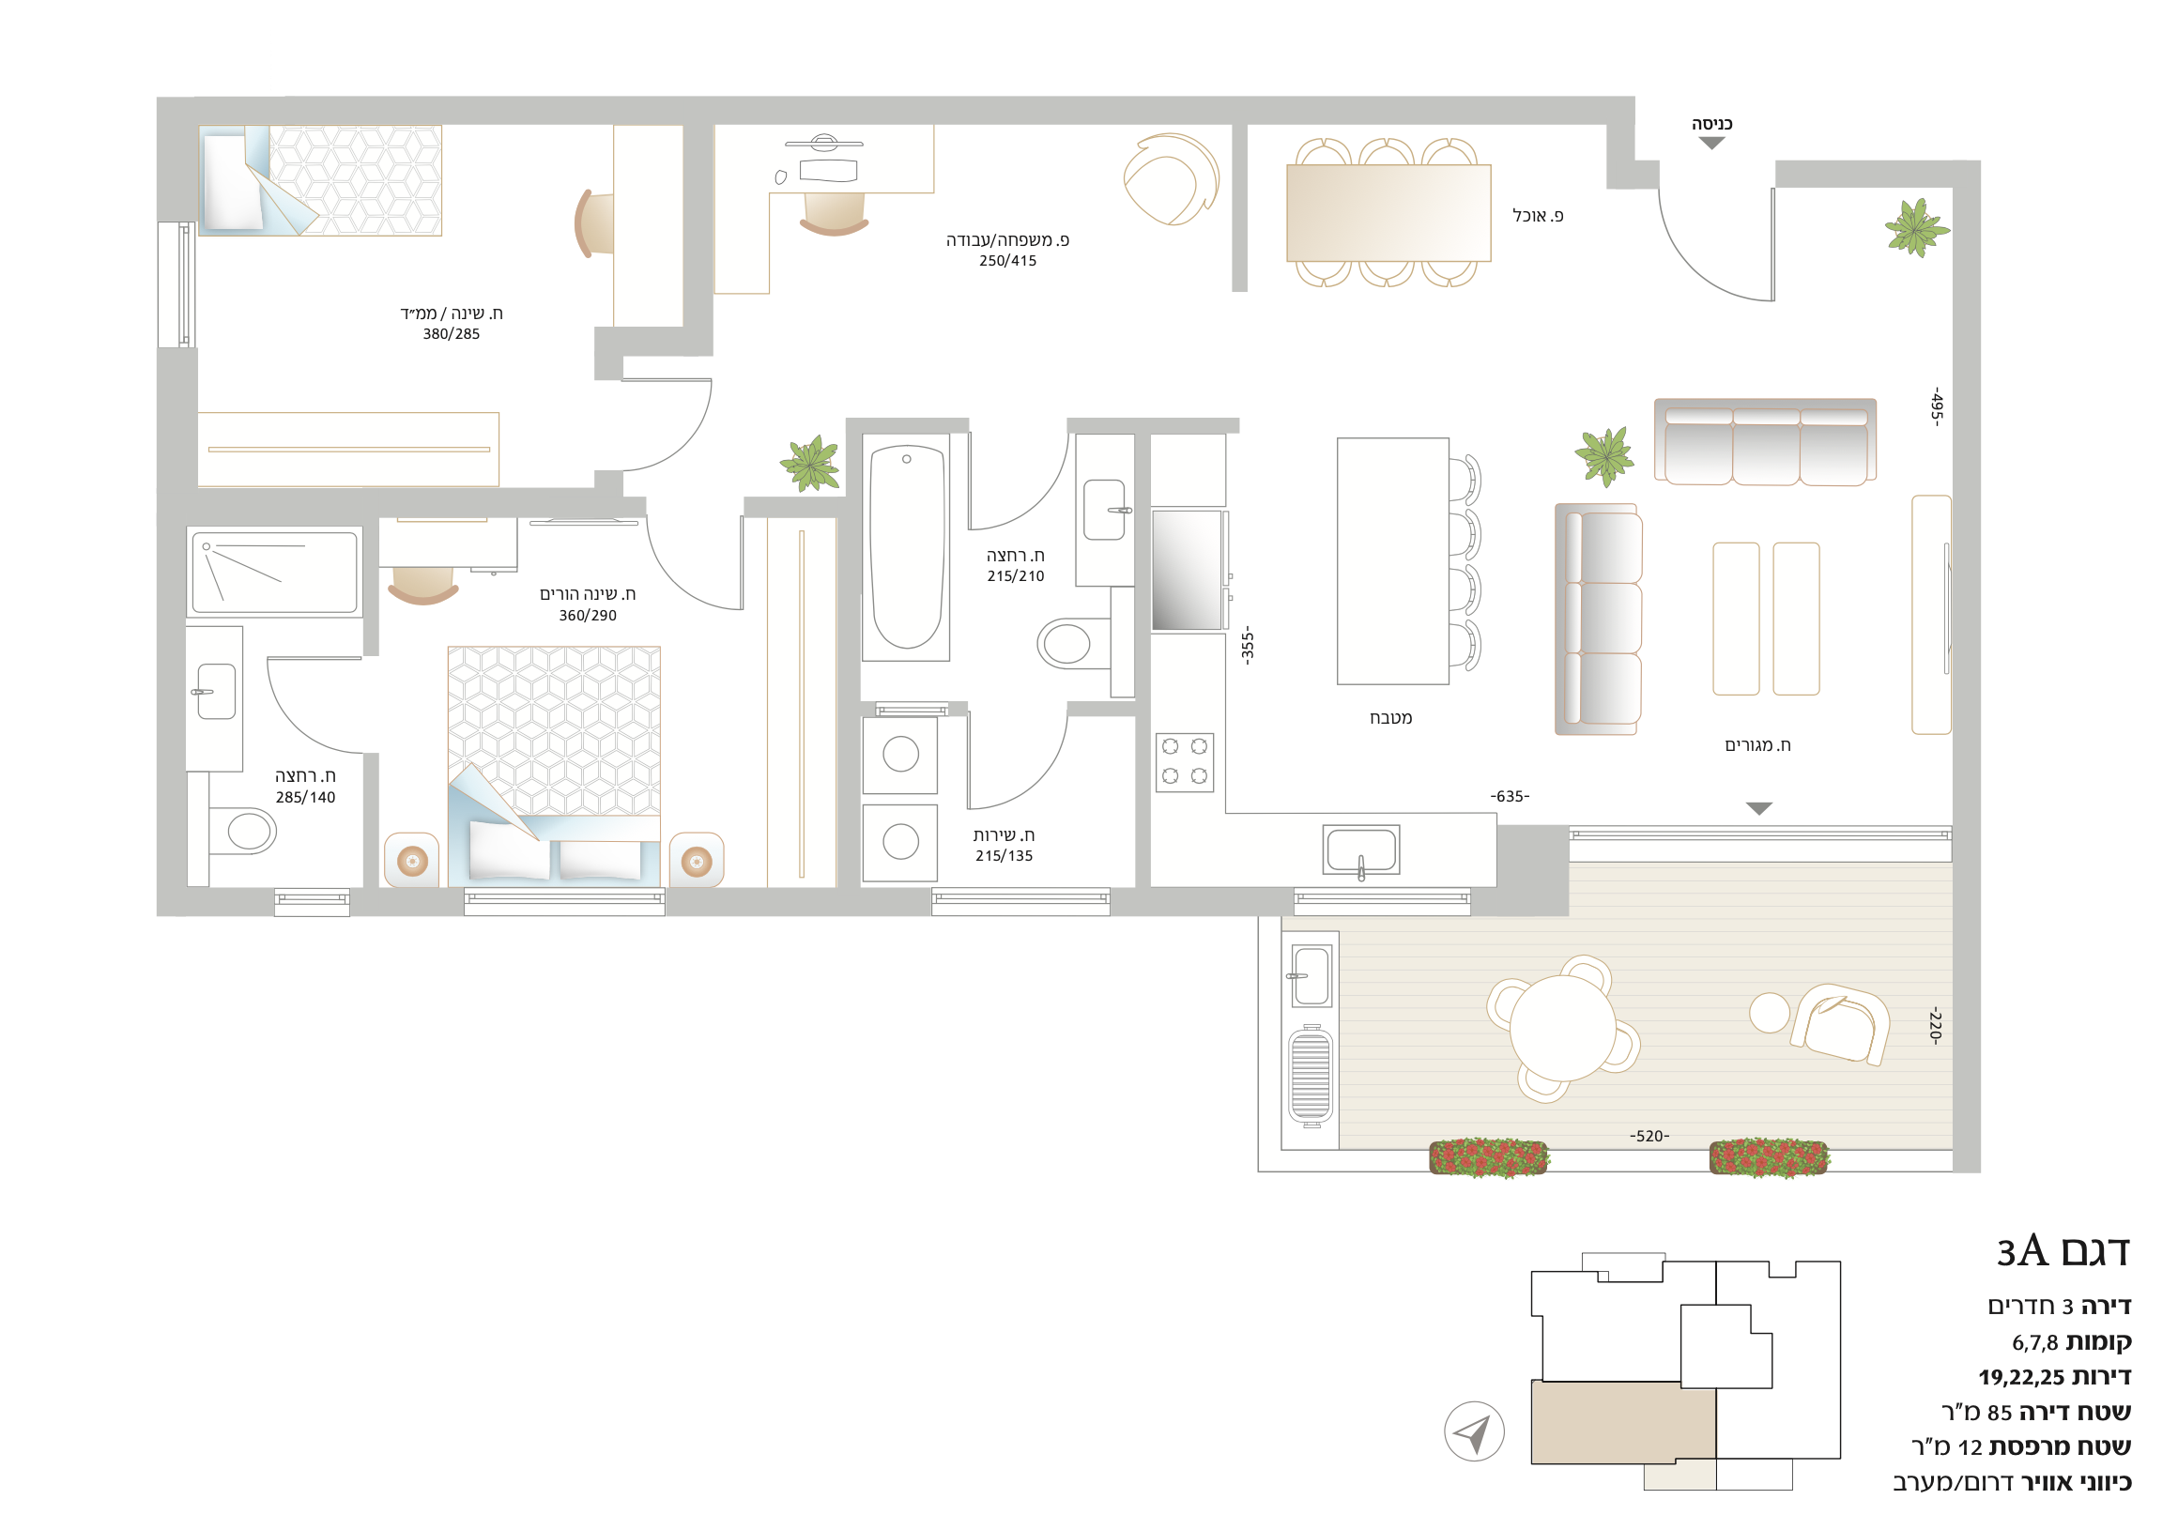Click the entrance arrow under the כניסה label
(1711, 144)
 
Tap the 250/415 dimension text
(1007, 261)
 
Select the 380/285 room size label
(452, 334)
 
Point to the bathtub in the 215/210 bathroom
(907, 547)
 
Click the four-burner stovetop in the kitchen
(1185, 761)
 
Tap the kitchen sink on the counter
(1361, 849)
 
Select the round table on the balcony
(1562, 1028)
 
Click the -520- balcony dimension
(1649, 1137)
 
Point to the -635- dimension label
(1511, 796)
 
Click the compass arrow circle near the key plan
(1474, 1432)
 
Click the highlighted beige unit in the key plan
(1623, 1422)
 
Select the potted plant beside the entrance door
(1917, 228)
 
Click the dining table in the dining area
(1388, 213)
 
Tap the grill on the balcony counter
(1310, 1076)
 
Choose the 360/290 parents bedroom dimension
(587, 616)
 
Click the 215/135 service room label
(1004, 856)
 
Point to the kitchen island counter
(1392, 560)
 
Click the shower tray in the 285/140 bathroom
(274, 572)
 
